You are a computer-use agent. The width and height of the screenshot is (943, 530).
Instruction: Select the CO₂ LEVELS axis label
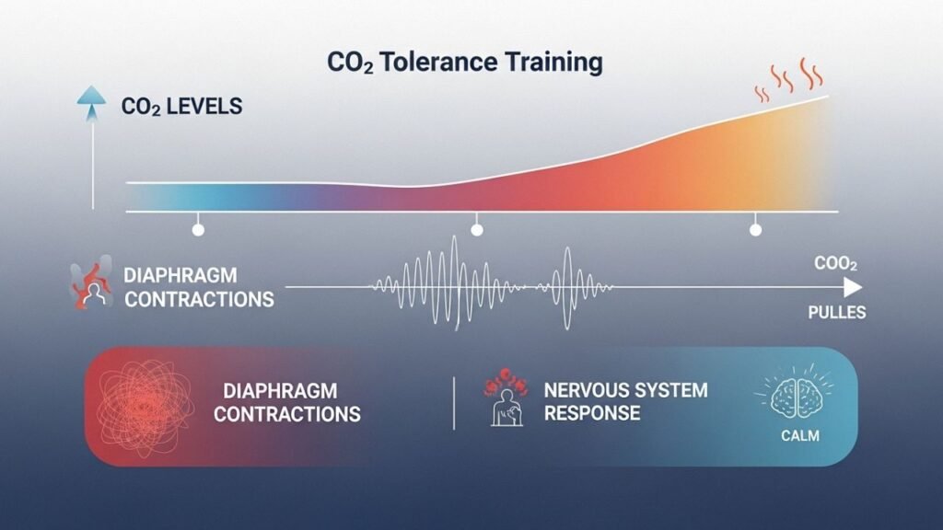(181, 107)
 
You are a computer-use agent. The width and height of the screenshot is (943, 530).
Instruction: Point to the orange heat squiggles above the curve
(788, 79)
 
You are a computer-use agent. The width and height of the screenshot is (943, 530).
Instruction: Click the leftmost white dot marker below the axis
(198, 229)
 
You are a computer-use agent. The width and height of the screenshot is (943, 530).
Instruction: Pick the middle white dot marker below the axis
(477, 229)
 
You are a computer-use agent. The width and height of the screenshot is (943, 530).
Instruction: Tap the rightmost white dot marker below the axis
(755, 229)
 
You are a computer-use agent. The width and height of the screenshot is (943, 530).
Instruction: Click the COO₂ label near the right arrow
(835, 263)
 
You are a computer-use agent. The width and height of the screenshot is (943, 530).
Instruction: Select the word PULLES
(836, 313)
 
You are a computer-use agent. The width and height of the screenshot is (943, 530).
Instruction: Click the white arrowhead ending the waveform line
(853, 288)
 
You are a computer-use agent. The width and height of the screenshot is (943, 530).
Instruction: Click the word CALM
(800, 435)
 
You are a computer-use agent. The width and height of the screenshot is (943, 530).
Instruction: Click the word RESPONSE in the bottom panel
(592, 413)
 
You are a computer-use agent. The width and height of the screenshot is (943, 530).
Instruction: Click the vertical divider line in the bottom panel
(454, 403)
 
